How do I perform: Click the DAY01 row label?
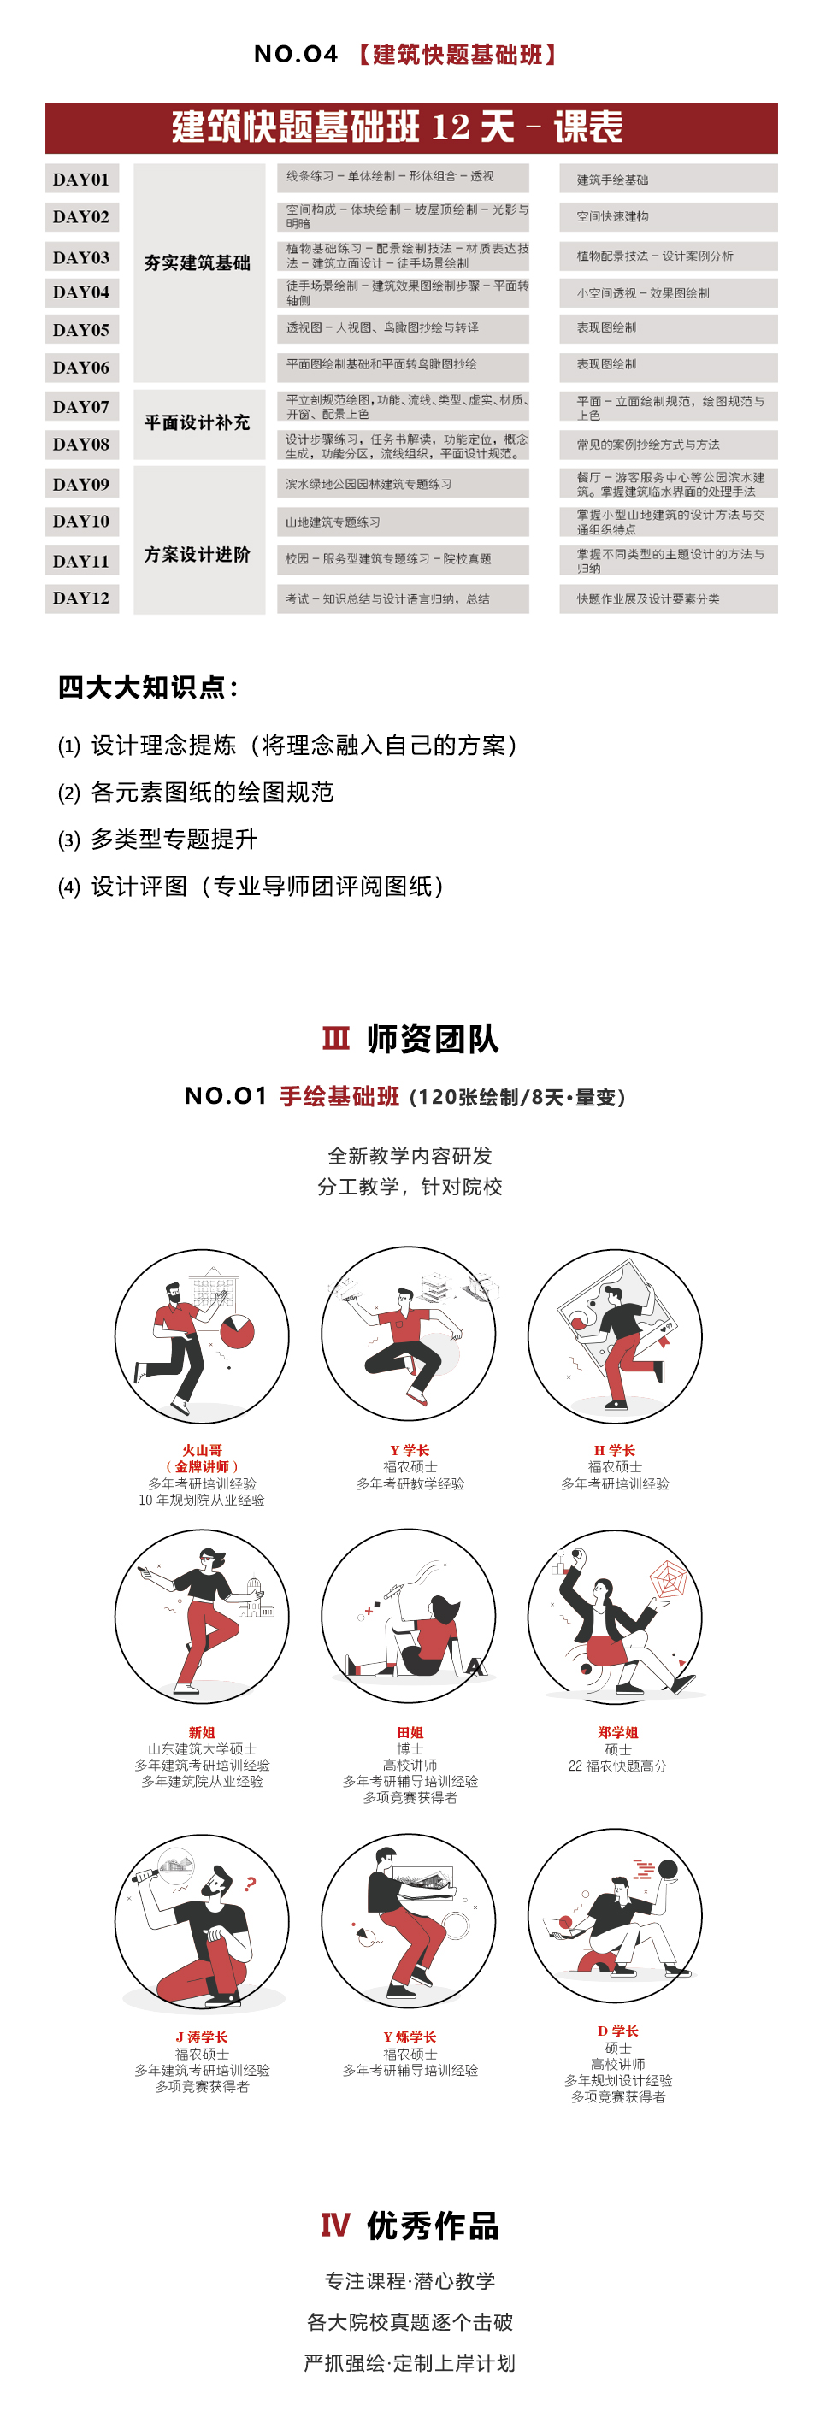[x=81, y=180]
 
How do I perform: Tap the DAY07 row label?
[x=81, y=406]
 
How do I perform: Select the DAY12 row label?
[x=81, y=598]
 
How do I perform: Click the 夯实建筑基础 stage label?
[x=198, y=263]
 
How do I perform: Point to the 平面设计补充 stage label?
[x=198, y=422]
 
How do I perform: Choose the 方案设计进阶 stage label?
[x=198, y=554]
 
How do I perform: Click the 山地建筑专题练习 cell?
[x=333, y=522]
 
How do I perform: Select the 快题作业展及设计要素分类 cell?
[x=648, y=598]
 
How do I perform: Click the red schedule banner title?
[x=397, y=127]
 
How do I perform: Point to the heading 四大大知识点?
[x=148, y=687]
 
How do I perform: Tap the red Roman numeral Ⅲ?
[x=335, y=1038]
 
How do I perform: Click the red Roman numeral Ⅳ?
[x=335, y=2226]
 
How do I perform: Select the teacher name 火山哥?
[x=202, y=1450]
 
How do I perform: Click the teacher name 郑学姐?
[x=618, y=1732]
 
